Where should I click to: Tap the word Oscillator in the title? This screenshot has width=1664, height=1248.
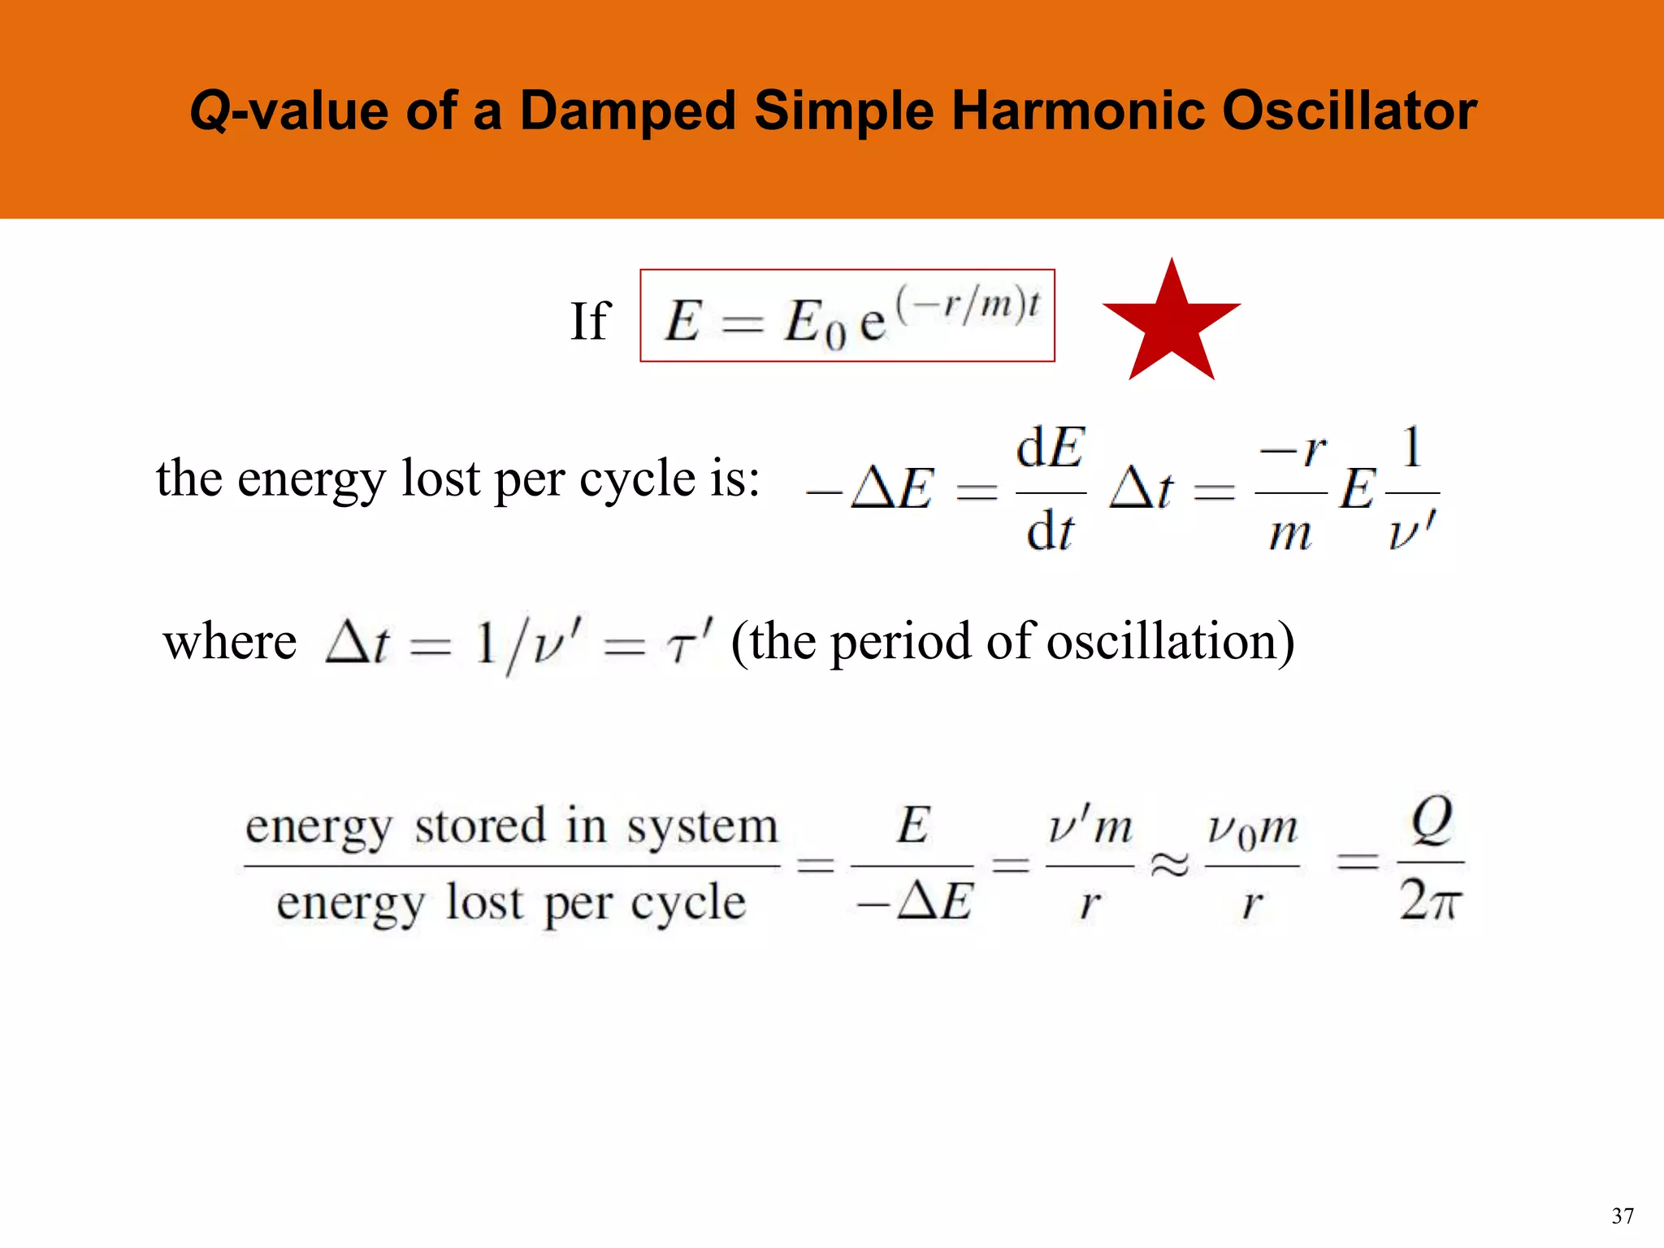tap(1349, 110)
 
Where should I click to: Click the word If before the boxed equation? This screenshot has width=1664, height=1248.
tap(590, 321)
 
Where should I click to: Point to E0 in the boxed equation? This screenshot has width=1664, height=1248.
tap(814, 323)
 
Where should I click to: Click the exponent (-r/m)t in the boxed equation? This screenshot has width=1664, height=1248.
tap(967, 304)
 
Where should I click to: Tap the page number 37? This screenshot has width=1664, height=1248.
tap(1623, 1215)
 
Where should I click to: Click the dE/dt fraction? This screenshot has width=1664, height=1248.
tap(1051, 490)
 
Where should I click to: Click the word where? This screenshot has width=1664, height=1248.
tap(230, 642)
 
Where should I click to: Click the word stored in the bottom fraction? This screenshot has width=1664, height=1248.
tap(480, 826)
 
